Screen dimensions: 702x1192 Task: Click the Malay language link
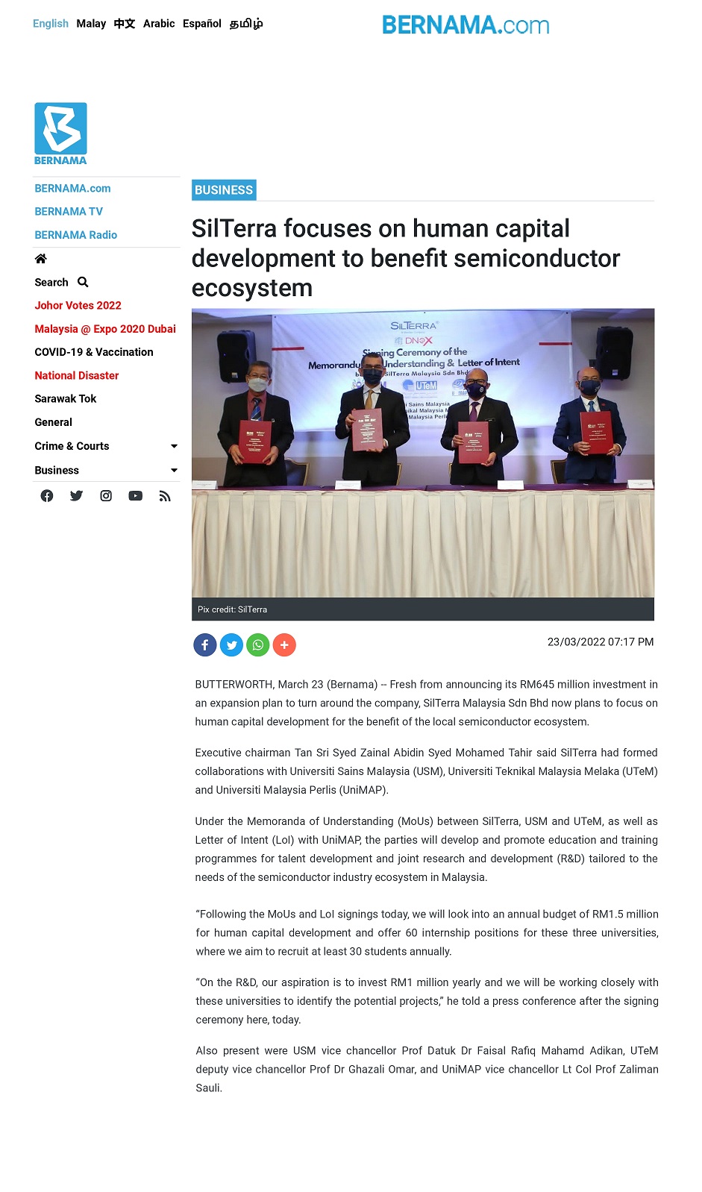(91, 24)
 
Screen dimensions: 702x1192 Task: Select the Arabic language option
(159, 24)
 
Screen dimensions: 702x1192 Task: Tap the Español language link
(201, 24)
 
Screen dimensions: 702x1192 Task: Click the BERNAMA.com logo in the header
(466, 25)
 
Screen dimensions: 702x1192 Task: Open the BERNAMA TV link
(69, 212)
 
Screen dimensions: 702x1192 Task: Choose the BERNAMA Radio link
(75, 235)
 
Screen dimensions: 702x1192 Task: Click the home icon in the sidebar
(41, 259)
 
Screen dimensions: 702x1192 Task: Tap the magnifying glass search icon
(83, 282)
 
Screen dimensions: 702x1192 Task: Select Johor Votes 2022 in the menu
(78, 306)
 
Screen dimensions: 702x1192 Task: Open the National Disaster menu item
(76, 376)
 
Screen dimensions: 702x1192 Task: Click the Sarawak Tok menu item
(65, 399)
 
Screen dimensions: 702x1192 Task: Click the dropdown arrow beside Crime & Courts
(174, 446)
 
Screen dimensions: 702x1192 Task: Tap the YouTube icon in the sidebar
(135, 496)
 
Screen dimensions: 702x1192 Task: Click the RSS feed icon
(165, 496)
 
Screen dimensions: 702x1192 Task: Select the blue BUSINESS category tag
(224, 190)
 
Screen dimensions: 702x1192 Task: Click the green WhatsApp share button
(258, 644)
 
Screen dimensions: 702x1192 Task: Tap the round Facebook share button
(205, 644)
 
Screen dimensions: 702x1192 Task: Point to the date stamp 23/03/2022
(576, 642)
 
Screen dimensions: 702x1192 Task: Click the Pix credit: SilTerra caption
(232, 609)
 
